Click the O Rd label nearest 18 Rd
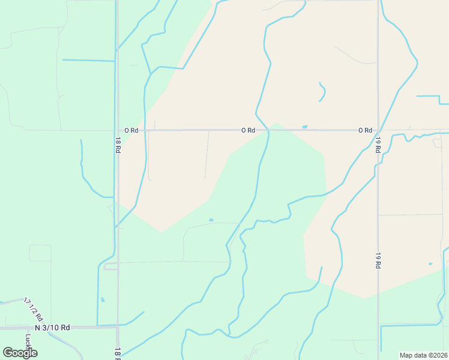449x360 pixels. tap(131, 130)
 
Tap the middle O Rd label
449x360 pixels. tap(248, 130)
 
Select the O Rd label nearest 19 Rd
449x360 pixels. tap(365, 130)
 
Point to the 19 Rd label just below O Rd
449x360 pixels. tap(379, 145)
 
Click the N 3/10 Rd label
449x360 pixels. tap(52, 328)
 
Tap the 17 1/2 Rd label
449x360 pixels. tap(34, 308)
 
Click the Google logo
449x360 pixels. tap(20, 353)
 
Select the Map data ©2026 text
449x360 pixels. tap(423, 355)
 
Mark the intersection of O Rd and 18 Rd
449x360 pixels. tap(118, 130)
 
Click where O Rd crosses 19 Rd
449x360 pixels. tap(378, 130)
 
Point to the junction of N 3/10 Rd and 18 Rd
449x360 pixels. tap(117, 326)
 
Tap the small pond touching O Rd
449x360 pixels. tap(305, 127)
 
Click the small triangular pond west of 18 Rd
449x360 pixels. tap(103, 299)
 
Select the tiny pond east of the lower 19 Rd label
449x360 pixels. tap(430, 263)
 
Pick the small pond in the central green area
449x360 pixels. tap(211, 220)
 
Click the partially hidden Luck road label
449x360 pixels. tap(28, 341)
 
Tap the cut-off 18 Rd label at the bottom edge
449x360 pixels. tap(117, 354)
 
